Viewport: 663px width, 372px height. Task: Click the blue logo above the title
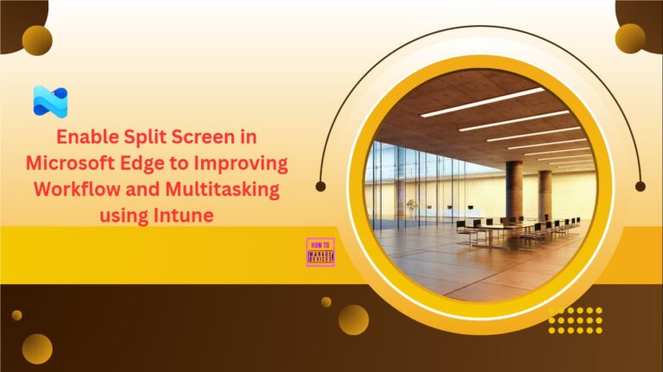[50, 101]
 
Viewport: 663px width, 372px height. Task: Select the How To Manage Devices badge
[320, 252]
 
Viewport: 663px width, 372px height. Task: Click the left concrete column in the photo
[515, 192]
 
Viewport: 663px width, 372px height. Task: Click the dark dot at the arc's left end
[321, 186]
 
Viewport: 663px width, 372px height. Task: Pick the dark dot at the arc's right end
[641, 186]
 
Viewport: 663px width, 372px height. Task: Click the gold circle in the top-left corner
[37, 41]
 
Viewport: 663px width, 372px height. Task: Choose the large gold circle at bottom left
[37, 349]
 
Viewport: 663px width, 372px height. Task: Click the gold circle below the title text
[353, 319]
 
